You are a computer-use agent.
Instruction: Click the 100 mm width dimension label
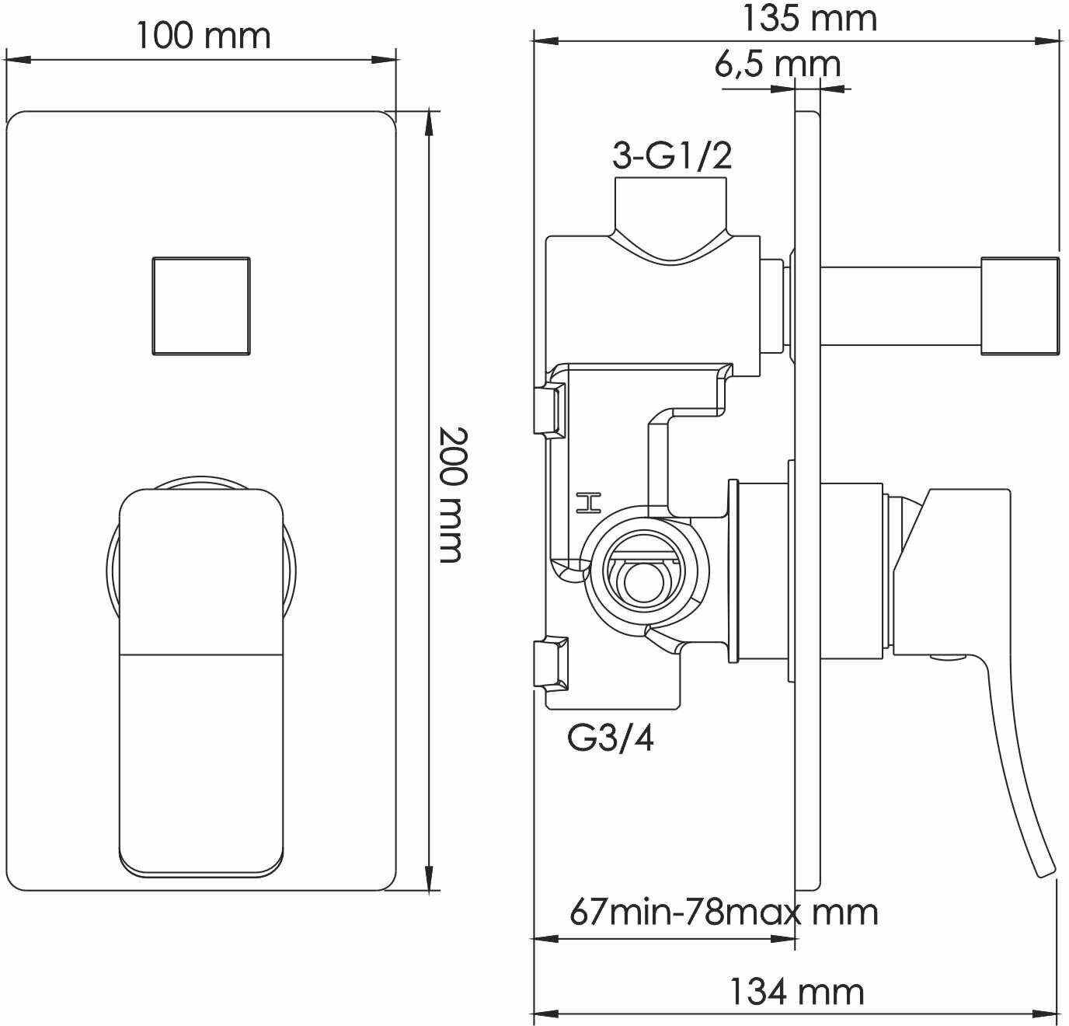pyautogui.click(x=204, y=36)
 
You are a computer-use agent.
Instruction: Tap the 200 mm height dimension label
pyautogui.click(x=452, y=494)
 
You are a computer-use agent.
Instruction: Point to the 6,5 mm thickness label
pyautogui.click(x=778, y=65)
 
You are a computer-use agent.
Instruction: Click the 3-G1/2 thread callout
pyautogui.click(x=672, y=155)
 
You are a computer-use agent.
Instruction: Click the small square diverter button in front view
pyautogui.click(x=201, y=306)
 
